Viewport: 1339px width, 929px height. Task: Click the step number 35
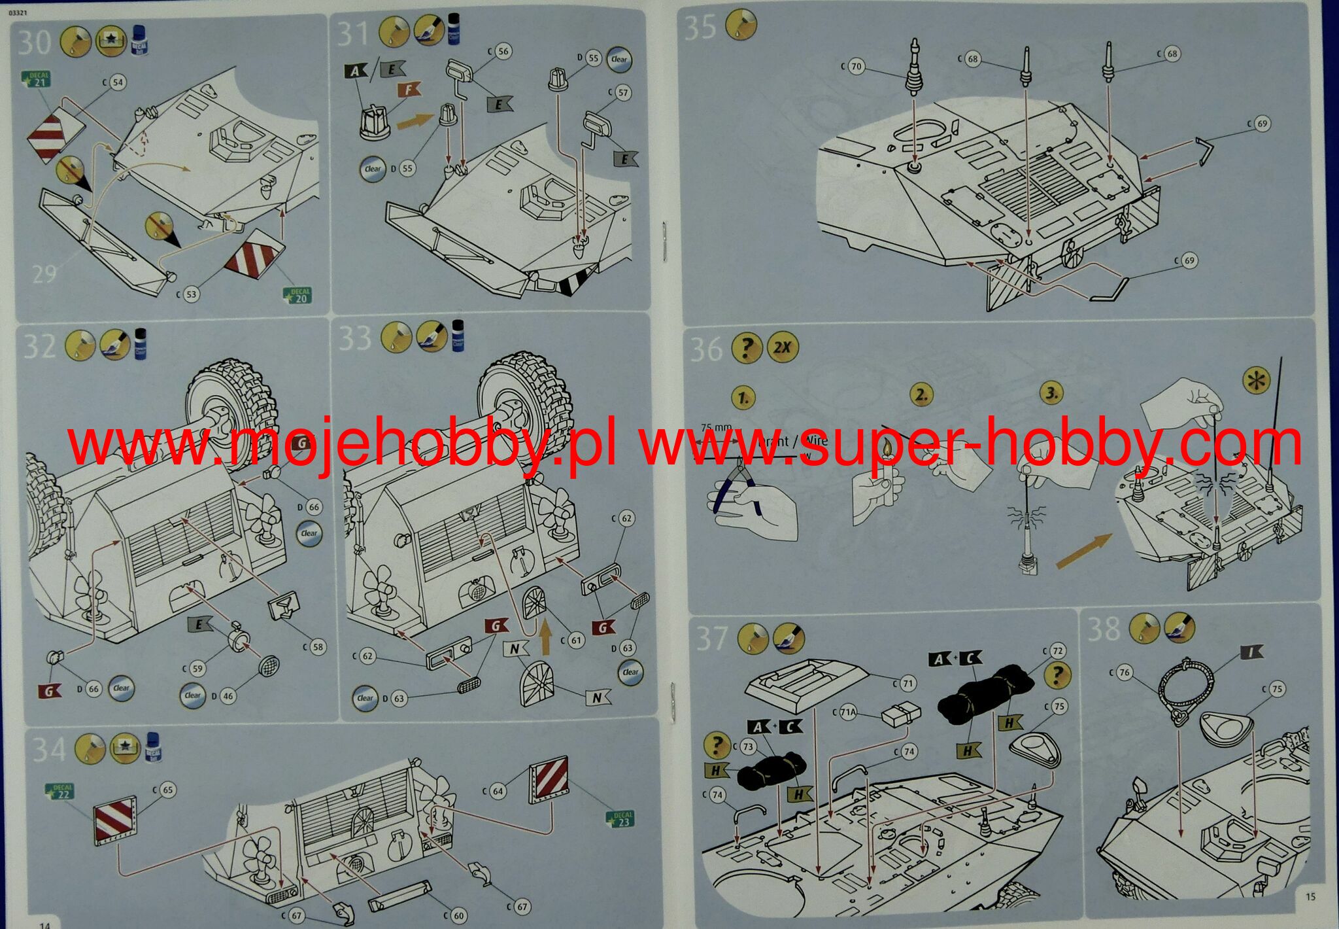pos(700,28)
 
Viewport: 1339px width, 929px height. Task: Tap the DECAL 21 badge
pos(36,79)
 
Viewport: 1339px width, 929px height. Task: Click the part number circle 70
pos(856,67)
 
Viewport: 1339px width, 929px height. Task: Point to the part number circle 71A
pos(848,714)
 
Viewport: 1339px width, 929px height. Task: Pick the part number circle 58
pos(318,647)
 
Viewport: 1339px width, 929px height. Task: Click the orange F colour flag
pos(409,90)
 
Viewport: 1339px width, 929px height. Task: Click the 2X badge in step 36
pos(781,347)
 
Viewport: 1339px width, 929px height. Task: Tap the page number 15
pos(1310,896)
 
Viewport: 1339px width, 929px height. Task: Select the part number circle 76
pos(1125,673)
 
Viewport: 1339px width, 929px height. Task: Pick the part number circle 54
pos(118,82)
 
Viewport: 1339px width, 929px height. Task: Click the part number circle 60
pos(458,915)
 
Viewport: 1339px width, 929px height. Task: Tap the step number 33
pos(355,339)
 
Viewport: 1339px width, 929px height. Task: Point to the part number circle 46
pos(228,696)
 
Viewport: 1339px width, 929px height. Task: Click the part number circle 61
pos(575,640)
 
